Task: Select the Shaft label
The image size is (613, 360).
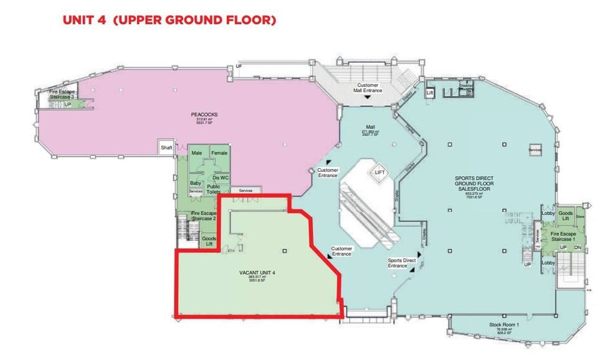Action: pyautogui.click(x=166, y=148)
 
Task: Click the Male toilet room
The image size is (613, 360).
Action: pyautogui.click(x=197, y=153)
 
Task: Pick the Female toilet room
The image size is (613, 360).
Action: pyautogui.click(x=219, y=153)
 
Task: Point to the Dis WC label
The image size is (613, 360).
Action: pyautogui.click(x=221, y=178)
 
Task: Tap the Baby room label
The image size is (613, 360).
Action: pyautogui.click(x=194, y=183)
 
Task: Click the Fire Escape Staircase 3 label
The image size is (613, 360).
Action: pyautogui.click(x=62, y=95)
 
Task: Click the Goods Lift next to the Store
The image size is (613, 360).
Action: pyautogui.click(x=566, y=216)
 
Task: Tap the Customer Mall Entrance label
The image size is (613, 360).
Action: pyautogui.click(x=368, y=88)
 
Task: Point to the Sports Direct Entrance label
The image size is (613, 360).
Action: pyautogui.click(x=401, y=263)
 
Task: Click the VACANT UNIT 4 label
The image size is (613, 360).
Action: pyautogui.click(x=257, y=273)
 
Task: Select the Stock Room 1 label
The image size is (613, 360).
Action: pyautogui.click(x=503, y=325)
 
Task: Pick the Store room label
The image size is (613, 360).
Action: pyautogui.click(x=581, y=217)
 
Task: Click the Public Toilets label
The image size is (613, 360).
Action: pyautogui.click(x=214, y=189)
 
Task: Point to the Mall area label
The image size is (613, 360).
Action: pyautogui.click(x=370, y=126)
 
